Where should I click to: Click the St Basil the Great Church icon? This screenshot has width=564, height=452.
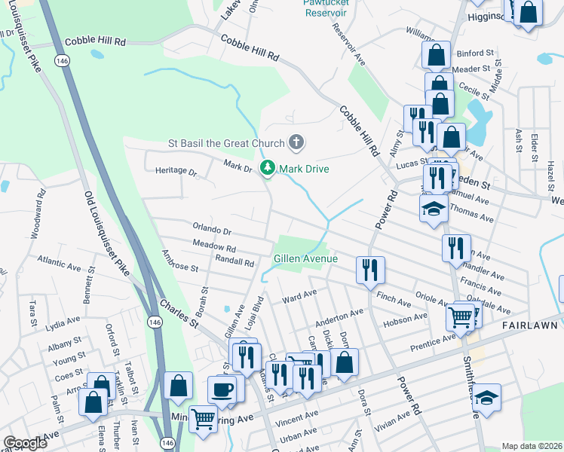tap(296, 142)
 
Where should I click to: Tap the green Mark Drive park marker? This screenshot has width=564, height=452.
tap(267, 168)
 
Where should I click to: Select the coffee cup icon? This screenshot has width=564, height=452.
tap(222, 390)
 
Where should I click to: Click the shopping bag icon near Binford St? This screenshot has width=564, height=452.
tap(436, 54)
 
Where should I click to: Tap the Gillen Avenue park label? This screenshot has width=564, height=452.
tap(305, 258)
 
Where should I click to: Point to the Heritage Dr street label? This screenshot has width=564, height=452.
tap(176, 171)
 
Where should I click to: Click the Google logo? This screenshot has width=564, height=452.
tap(26, 443)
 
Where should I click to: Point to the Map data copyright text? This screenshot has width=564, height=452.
tap(531, 445)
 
